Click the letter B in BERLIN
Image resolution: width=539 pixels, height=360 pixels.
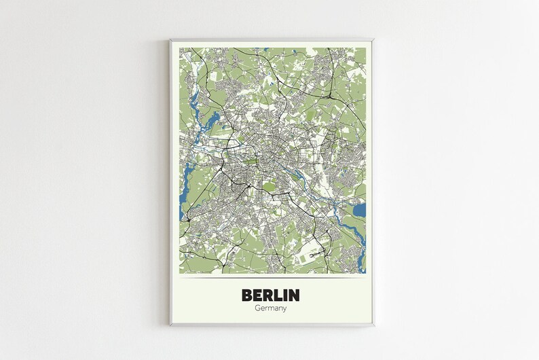pos(248,295)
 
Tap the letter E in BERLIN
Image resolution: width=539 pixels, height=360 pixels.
pos(261,295)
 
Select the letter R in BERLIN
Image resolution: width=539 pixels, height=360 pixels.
pos(273,295)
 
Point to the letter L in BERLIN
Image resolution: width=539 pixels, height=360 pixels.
pos(284,295)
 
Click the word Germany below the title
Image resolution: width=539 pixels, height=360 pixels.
pos(272,308)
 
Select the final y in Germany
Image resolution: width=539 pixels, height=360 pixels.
pos(284,309)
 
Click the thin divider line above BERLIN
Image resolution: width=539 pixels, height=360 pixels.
pos(272,278)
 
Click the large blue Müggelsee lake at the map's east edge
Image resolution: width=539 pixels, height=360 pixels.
pos(359,210)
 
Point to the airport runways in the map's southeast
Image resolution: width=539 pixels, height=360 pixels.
pos(312,255)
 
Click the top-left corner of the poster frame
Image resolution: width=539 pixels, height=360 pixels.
pos(170,39)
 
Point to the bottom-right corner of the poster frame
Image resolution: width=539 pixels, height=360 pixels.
pos(373,325)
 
